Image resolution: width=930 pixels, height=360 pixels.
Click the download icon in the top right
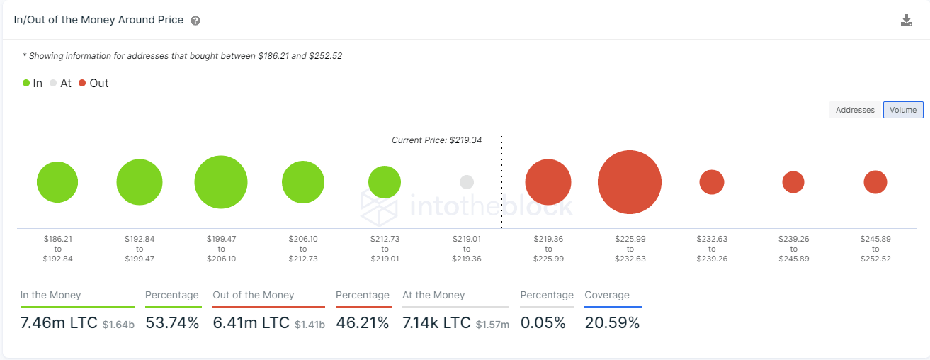coord(906,20)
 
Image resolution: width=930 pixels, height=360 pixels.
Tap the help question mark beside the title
coord(195,21)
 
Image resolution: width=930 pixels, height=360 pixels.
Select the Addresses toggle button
coord(855,110)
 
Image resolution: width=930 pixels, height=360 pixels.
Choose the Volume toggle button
coord(903,110)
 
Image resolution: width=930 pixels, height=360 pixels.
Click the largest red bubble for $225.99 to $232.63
coord(630,182)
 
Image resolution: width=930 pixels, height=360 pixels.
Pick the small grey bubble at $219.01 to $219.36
coord(466,182)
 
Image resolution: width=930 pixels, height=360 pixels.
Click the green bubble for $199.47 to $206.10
coord(221,182)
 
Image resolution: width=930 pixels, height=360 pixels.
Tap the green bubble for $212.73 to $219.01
coord(385,182)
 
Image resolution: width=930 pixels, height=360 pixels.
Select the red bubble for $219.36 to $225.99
coord(548,182)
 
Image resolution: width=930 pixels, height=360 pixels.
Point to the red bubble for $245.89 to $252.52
coord(875,182)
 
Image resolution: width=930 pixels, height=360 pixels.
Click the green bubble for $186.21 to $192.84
coord(57,182)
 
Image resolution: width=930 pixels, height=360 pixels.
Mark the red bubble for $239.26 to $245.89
coord(793,182)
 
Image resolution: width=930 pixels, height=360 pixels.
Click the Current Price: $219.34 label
coord(436,140)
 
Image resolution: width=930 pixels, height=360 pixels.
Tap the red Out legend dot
coord(82,83)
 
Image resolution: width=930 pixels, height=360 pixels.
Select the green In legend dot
coord(26,83)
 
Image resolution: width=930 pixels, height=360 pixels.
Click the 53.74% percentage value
coord(172,323)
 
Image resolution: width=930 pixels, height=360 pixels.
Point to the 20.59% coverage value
coord(612,323)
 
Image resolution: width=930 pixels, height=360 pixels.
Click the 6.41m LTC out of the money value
coord(251,323)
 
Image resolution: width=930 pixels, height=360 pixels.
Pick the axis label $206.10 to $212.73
coord(302,249)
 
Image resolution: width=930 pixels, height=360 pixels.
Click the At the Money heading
coord(433,295)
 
